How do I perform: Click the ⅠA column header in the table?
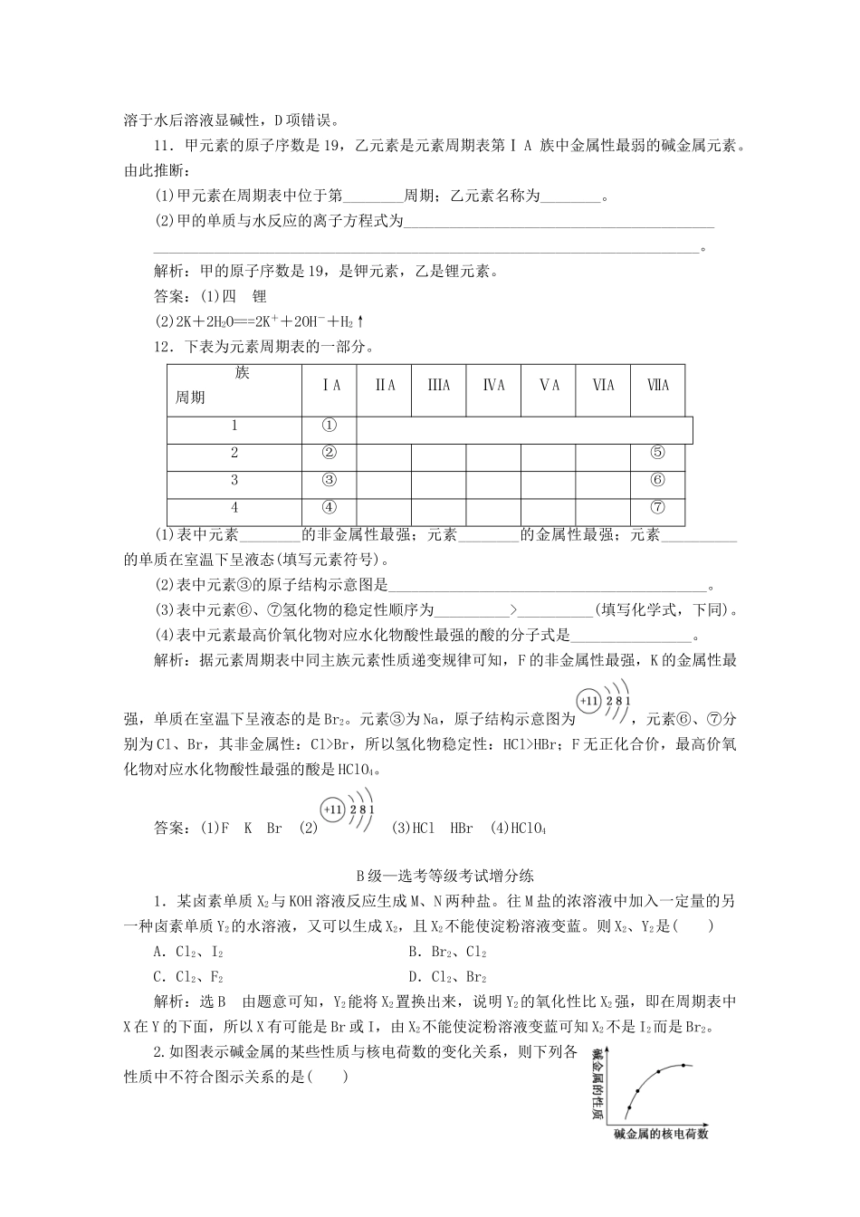pyautogui.click(x=331, y=386)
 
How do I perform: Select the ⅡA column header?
pyautogui.click(x=386, y=386)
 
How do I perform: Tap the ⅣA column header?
pyautogui.click(x=493, y=386)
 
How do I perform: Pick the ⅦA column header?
pyautogui.click(x=658, y=386)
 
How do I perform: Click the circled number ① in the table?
pyautogui.click(x=330, y=426)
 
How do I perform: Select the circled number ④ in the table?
pyautogui.click(x=330, y=507)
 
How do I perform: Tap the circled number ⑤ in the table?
pyautogui.click(x=658, y=453)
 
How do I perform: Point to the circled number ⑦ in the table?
pyautogui.click(x=658, y=507)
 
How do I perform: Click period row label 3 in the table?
pyautogui.click(x=234, y=480)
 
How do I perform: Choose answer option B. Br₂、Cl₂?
pyautogui.click(x=447, y=952)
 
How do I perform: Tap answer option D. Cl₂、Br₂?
pyautogui.click(x=447, y=977)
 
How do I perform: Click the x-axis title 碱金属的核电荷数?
pyautogui.click(x=660, y=1134)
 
